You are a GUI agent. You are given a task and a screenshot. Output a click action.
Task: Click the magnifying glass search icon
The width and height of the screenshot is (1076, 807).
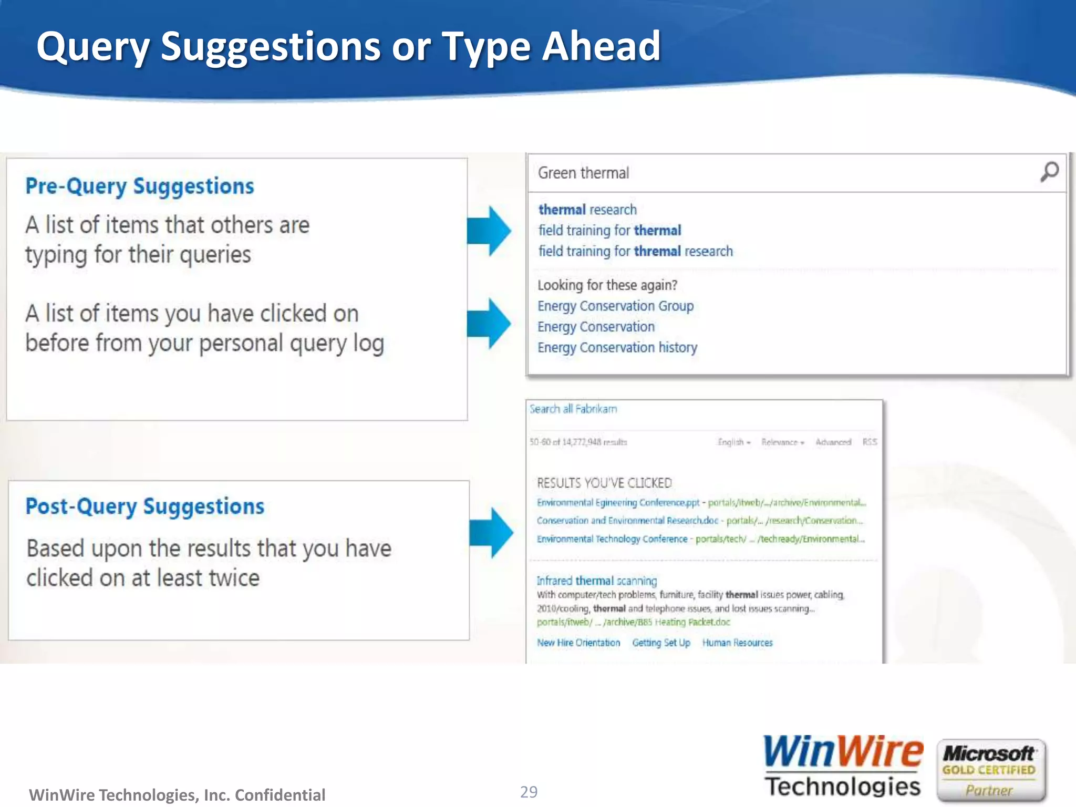1049,171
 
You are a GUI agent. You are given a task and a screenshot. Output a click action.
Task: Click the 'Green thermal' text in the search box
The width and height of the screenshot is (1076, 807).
583,173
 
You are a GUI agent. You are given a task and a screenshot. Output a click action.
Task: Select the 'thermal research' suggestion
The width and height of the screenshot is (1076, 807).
587,210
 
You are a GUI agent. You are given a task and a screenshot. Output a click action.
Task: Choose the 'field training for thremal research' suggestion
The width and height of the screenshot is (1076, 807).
635,251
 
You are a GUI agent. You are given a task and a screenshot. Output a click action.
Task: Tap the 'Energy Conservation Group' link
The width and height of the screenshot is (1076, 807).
615,306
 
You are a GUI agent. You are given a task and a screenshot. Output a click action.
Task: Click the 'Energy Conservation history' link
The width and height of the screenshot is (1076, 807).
617,347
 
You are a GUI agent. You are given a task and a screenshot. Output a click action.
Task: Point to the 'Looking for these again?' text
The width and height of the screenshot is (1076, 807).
607,285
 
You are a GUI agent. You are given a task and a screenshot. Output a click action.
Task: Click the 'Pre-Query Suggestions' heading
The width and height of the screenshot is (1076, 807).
140,187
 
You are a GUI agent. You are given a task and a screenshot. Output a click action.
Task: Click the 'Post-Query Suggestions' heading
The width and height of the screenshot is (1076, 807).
145,506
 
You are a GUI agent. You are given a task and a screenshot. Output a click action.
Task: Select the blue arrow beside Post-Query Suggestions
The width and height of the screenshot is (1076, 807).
491,532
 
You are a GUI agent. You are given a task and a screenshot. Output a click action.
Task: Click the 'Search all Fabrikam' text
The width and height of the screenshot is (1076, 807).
573,409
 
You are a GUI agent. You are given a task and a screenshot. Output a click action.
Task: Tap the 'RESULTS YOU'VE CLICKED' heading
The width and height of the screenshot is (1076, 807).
604,482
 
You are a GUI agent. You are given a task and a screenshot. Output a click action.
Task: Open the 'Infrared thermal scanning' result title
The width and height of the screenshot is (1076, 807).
596,581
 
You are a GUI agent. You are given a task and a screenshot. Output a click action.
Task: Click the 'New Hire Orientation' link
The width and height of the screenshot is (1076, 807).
578,643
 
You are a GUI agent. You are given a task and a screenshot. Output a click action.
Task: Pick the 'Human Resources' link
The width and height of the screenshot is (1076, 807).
737,643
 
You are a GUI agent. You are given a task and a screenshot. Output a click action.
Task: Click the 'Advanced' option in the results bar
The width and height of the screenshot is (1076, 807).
833,442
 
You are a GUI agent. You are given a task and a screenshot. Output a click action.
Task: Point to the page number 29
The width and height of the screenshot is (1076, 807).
529,791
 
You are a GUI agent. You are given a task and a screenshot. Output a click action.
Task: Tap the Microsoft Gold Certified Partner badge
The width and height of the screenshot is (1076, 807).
990,770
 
